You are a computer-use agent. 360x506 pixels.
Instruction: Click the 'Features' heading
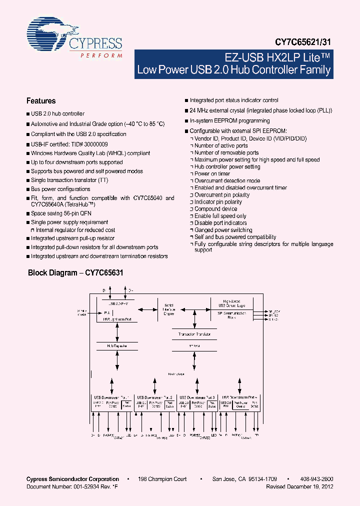coord(41,101)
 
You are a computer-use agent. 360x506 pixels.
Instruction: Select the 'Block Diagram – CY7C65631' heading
coord(75,273)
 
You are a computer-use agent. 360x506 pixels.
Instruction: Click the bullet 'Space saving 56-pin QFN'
coord(62,213)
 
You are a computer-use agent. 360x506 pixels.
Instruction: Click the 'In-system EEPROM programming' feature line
coord(229,120)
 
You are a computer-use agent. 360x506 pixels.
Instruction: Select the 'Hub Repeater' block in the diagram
coord(117,345)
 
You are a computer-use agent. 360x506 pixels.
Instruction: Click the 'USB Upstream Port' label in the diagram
coord(117,318)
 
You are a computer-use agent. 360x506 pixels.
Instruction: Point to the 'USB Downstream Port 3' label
coord(197,397)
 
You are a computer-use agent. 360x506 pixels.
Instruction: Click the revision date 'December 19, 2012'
coord(310,486)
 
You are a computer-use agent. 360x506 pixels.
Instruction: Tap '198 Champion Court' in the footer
coord(162,479)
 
